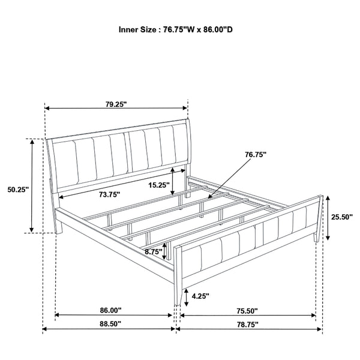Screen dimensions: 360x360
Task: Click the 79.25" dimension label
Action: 116,104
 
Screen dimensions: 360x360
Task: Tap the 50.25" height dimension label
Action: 18,190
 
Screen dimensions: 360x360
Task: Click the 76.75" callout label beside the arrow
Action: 256,154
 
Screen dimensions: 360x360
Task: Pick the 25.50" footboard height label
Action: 341,217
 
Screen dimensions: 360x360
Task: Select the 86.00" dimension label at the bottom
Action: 112,310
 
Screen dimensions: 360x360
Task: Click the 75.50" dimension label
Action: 247,311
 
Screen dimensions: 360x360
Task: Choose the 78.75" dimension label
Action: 247,324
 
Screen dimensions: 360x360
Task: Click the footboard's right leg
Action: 316,235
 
